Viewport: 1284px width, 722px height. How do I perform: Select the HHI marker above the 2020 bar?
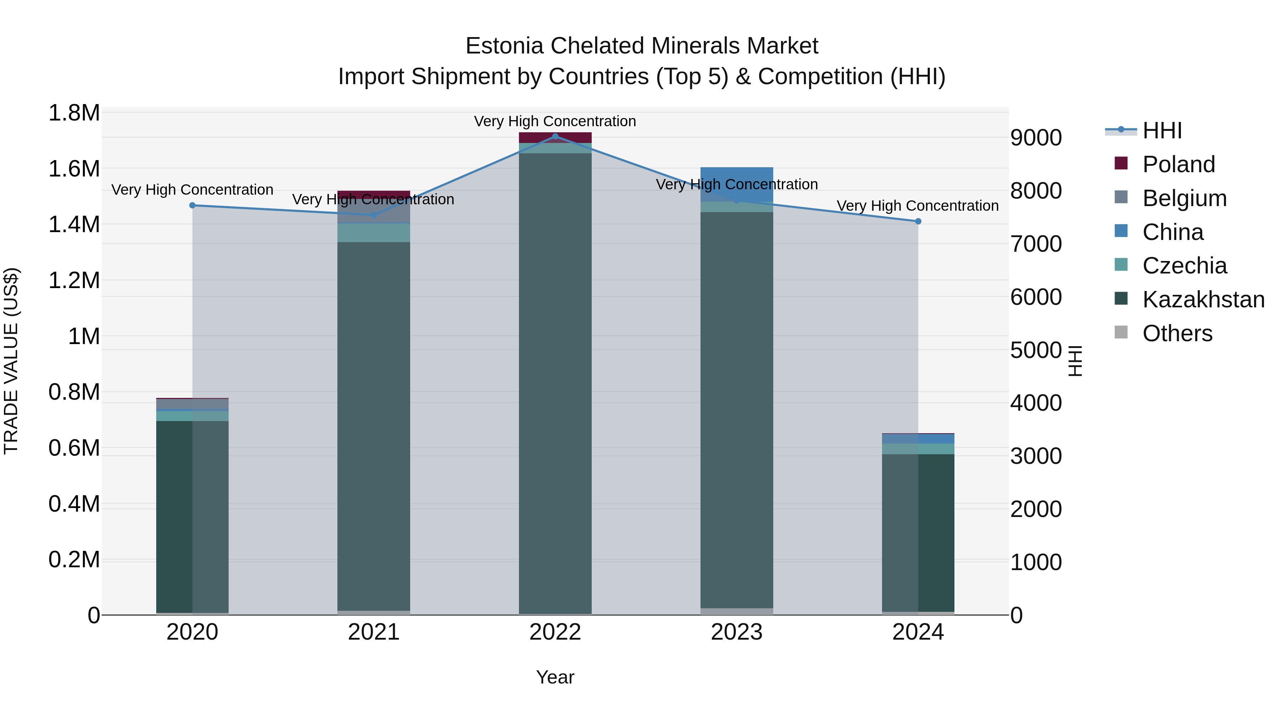click(x=192, y=205)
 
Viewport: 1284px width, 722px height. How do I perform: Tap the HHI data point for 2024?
click(x=918, y=221)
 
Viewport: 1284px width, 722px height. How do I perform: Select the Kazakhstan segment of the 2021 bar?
click(x=373, y=424)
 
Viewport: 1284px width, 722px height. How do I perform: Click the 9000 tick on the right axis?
click(x=1036, y=138)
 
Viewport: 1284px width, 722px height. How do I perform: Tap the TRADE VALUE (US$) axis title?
click(x=11, y=361)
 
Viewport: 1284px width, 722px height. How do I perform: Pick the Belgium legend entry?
click(x=1184, y=198)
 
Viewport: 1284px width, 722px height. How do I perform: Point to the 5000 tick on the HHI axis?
click(x=1036, y=350)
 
